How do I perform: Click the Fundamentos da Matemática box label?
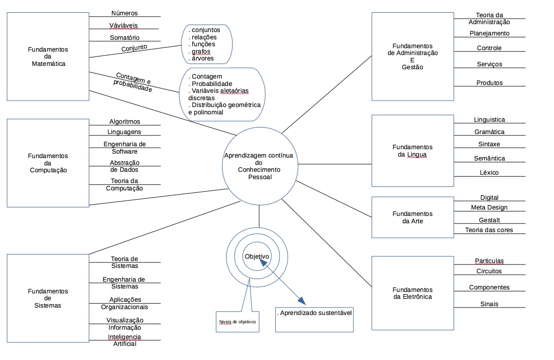[47, 56]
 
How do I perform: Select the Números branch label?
[125, 13]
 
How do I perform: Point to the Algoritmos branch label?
[125, 122]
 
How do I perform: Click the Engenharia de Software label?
[125, 148]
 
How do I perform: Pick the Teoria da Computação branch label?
[125, 184]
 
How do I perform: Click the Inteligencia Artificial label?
[125, 340]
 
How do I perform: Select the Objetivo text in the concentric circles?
[257, 256]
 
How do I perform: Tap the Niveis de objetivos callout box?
[237, 322]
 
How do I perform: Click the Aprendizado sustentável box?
[315, 313]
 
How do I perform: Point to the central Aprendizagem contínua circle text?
[259, 166]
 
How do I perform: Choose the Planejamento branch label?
[489, 33]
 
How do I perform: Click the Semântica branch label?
[489, 158]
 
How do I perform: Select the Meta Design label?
[489, 207]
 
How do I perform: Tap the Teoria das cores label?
[489, 230]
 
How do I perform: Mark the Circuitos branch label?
[489, 271]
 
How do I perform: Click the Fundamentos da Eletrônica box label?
[413, 293]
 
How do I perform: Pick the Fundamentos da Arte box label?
[413, 217]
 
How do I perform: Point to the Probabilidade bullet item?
[212, 84]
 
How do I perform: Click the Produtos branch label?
[489, 83]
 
